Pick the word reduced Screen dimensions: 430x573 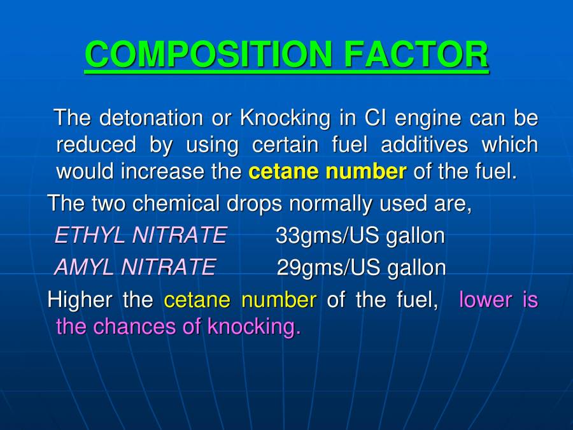point(95,145)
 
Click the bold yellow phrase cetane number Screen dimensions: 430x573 point(327,171)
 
